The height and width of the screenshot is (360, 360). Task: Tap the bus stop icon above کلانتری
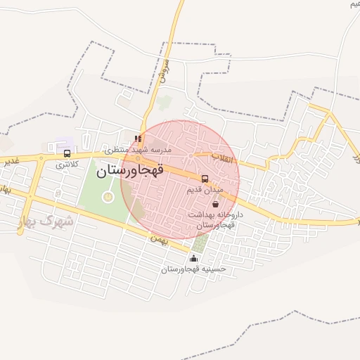point(67,153)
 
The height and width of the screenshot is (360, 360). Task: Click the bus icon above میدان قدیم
point(205,179)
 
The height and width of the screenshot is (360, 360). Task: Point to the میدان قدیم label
point(205,190)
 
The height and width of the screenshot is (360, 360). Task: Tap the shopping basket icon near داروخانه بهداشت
point(214,204)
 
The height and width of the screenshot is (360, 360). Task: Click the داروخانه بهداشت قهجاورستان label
point(215,219)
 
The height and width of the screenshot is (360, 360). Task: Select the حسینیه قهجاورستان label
point(193,269)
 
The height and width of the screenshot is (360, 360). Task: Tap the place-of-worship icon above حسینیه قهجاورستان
point(194,259)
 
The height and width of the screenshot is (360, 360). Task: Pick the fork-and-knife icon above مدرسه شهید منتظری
point(138,139)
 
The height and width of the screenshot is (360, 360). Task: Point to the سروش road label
point(165,71)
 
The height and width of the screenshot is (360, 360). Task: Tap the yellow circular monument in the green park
point(108,197)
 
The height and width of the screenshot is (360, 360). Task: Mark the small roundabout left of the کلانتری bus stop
point(41,159)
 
